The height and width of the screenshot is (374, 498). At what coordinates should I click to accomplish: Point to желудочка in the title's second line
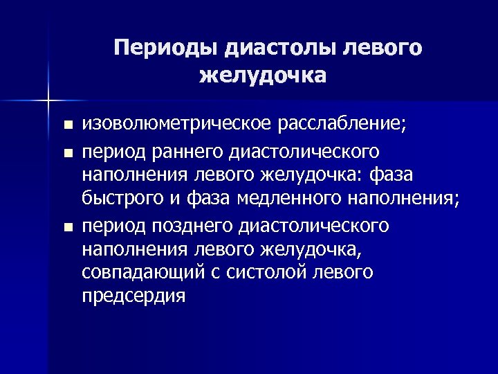point(262,74)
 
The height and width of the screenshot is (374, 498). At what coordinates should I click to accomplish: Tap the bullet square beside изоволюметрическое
point(66,126)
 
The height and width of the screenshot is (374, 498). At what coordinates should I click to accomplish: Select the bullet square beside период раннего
point(66,151)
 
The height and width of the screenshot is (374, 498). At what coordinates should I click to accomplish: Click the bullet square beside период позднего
point(66,226)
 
